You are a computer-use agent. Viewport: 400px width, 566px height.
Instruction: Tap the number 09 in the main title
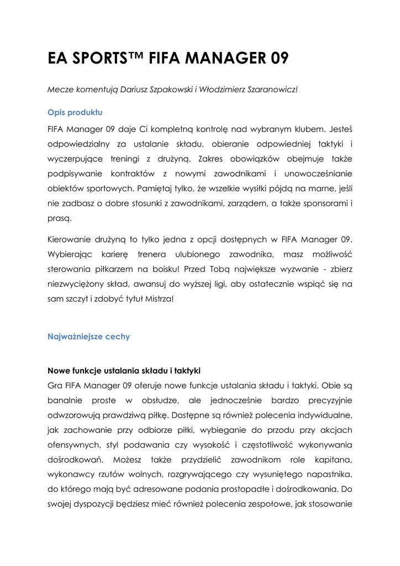276,59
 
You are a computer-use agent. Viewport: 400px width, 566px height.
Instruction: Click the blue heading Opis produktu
75,112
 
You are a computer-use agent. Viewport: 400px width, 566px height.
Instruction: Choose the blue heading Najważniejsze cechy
89,336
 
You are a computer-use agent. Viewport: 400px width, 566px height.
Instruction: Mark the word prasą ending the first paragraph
60,219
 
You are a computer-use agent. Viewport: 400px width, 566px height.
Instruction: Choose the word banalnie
65,399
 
